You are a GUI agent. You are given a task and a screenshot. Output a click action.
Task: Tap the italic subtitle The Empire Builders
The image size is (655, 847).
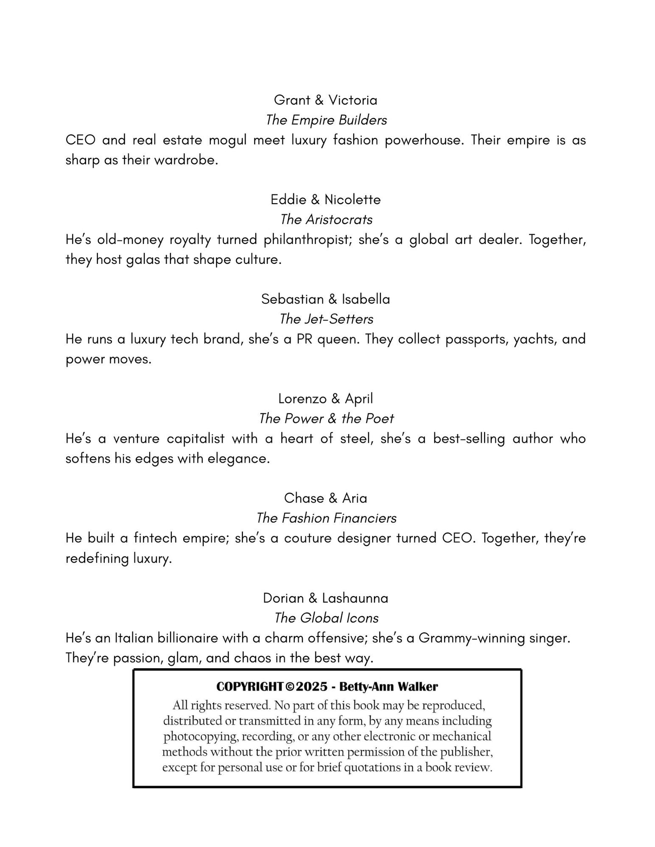(326, 120)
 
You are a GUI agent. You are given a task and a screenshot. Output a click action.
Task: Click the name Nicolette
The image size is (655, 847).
(353, 200)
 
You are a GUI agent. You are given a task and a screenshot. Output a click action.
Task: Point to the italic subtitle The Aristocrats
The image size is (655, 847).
(326, 220)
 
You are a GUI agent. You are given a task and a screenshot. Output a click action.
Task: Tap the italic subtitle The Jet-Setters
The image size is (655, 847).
(326, 319)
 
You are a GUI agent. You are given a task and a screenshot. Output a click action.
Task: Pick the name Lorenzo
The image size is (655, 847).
(302, 399)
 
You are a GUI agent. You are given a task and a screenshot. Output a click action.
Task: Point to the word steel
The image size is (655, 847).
(356, 439)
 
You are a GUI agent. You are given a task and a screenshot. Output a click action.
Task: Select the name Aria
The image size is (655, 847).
(354, 498)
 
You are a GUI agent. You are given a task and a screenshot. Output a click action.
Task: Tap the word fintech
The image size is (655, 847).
(155, 539)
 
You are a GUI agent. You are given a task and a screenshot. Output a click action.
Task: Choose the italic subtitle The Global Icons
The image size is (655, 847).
(326, 618)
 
